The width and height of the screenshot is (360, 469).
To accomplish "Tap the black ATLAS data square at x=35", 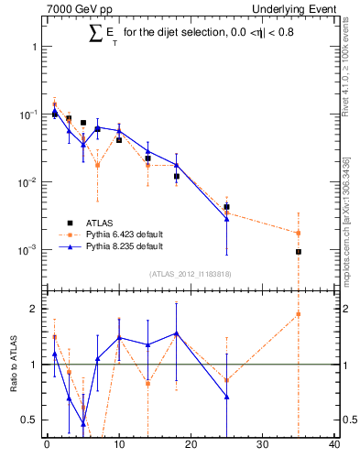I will [298, 252].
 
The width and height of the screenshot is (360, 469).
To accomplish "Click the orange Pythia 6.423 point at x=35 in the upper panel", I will [298, 233].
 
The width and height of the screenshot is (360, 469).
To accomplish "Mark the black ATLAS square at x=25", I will [226, 207].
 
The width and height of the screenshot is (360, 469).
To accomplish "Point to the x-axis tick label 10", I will [118, 446].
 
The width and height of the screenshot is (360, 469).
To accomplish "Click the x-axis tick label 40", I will [333, 446].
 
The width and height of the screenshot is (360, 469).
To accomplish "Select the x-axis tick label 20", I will [191, 446].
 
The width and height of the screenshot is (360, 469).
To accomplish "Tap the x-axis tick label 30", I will [262, 446].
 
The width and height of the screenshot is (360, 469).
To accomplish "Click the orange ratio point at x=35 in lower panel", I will [298, 314].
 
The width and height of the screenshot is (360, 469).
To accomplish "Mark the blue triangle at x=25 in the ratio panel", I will [226, 397].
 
